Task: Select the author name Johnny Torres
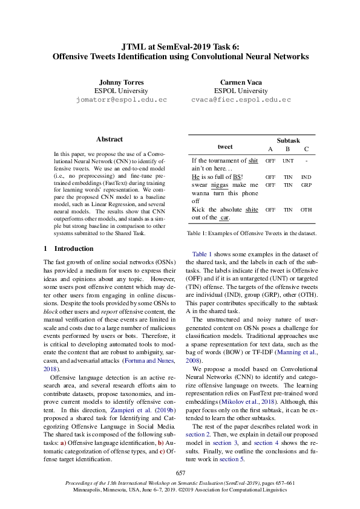121,82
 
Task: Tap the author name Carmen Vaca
241,82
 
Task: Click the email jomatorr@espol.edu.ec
121,99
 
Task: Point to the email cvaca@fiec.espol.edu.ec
241,99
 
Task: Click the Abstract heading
109,139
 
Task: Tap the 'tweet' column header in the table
225,147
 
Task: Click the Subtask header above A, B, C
288,140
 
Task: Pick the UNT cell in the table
288,161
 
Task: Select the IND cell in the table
307,177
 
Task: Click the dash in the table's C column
307,161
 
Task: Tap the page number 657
180,473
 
